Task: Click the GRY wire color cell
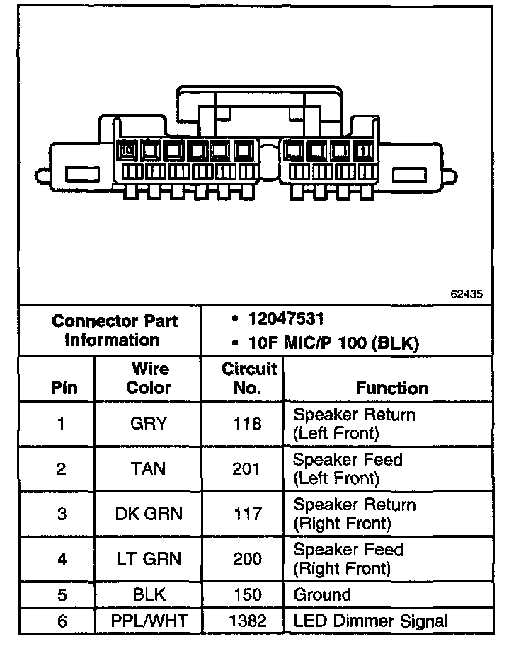[x=148, y=424]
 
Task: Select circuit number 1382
[x=246, y=621]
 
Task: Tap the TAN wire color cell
[x=148, y=468]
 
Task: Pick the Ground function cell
[x=322, y=594]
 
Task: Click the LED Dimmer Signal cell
[x=370, y=621]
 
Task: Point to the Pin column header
[x=64, y=388]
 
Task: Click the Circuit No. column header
[x=248, y=379]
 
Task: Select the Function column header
[x=391, y=388]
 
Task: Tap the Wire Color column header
[x=149, y=379]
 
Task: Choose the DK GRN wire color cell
[x=148, y=514]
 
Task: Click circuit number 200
[x=246, y=559]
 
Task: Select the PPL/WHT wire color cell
[x=148, y=621]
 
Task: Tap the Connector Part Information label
[x=114, y=330]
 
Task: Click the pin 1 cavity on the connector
[x=363, y=150]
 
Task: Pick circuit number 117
[x=246, y=514]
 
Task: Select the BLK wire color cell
[x=148, y=594]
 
